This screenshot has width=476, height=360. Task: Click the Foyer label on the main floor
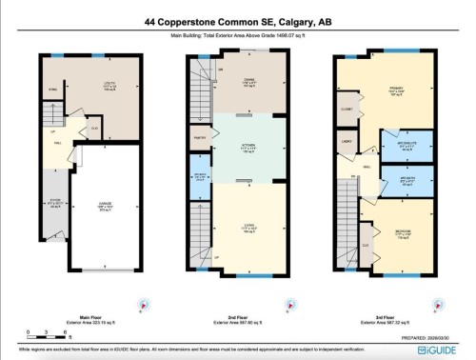click(x=54, y=202)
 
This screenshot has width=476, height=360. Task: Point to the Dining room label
click(x=247, y=82)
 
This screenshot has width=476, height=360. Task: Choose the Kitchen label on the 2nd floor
click(x=247, y=149)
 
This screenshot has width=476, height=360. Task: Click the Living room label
click(x=247, y=228)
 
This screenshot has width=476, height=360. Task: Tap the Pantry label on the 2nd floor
click(x=199, y=139)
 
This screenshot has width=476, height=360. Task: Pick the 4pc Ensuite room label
click(x=394, y=148)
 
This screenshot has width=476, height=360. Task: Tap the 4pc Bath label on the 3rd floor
click(x=394, y=180)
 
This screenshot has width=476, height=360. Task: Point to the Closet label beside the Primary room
click(x=347, y=110)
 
